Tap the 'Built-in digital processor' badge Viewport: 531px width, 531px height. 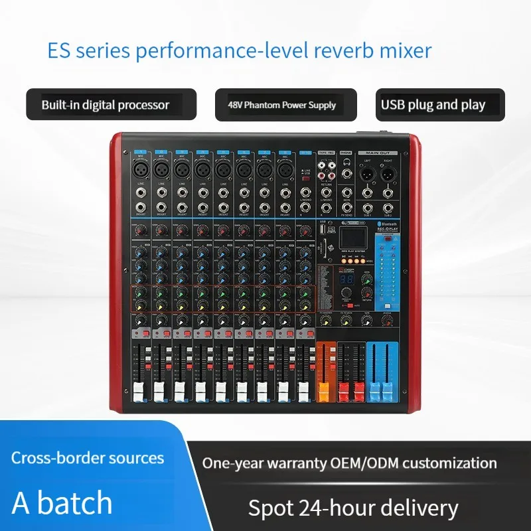point(111,105)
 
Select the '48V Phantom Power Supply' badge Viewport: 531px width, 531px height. point(286,105)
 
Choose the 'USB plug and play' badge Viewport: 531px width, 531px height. point(434,105)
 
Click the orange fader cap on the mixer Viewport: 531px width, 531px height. point(325,390)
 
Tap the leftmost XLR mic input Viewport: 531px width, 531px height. point(140,171)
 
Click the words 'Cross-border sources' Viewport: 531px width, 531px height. point(87,458)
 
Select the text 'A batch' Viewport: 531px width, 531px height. point(62,502)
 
